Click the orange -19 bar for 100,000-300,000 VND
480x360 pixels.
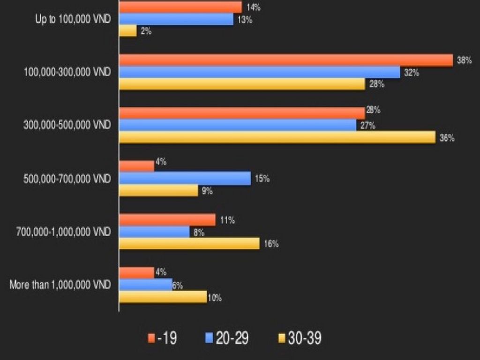pos(286,60)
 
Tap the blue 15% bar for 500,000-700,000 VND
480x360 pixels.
pos(185,179)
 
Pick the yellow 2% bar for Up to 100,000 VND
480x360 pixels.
pos(128,31)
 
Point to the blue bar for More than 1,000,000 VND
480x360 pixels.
pos(146,285)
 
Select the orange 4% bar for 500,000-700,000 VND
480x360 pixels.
pos(137,166)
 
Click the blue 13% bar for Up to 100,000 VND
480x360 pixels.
pos(176,19)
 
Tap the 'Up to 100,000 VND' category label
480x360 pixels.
pos(73,20)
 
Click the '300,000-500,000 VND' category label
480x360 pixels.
pos(67,125)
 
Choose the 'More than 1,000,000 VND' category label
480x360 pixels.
pos(60,285)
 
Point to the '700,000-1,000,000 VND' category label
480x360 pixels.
pos(63,232)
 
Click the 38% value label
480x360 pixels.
pos(464,60)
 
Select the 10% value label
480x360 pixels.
pos(215,298)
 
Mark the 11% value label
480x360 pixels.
pos(227,220)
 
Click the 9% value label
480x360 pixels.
pos(207,191)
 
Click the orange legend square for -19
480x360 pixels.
pos(151,338)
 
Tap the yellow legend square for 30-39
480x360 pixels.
pos(282,338)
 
